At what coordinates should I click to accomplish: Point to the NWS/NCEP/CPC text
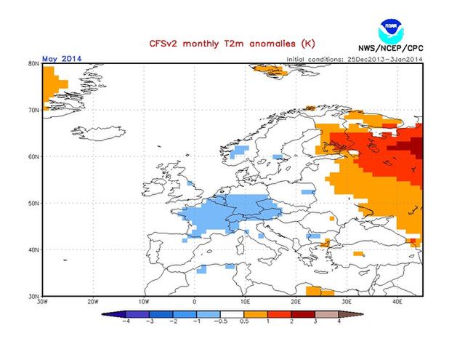pos(392,50)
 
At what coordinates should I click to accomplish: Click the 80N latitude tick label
pos(33,64)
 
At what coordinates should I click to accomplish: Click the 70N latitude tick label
pos(33,110)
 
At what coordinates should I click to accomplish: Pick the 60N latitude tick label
pos(33,156)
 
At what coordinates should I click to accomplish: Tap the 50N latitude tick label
pos(33,203)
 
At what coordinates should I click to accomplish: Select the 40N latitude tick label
pos(33,249)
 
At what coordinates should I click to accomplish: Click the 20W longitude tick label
pos(93,301)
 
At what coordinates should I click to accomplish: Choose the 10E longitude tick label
pos(246,301)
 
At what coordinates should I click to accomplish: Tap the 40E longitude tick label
pos(397,301)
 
